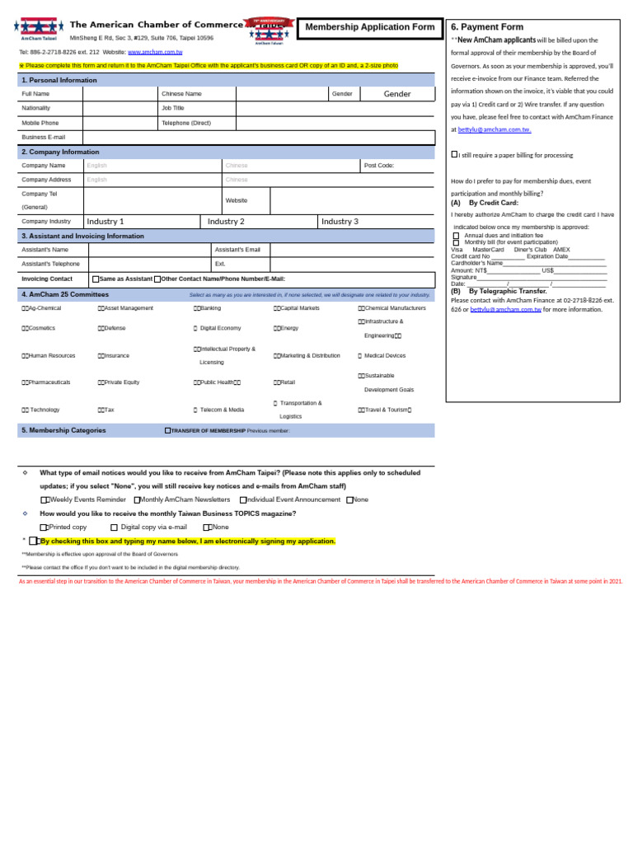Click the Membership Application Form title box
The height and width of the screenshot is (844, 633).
tap(370, 28)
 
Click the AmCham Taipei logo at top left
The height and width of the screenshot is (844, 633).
tap(39, 27)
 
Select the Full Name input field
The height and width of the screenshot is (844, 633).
tap(120, 94)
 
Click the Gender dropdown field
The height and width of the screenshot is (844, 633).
tap(397, 94)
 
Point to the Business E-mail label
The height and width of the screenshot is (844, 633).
tap(44, 137)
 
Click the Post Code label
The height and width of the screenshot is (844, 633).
tap(379, 166)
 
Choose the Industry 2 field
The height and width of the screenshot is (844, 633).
tap(227, 222)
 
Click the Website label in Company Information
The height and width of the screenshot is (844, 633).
tap(236, 200)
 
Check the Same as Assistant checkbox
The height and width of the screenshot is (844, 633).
tap(96, 279)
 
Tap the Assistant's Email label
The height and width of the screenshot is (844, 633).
tap(237, 250)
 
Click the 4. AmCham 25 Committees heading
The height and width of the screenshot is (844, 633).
tap(65, 294)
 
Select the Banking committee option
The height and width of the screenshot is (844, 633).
tap(208, 308)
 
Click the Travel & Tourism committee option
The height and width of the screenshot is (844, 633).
tap(384, 410)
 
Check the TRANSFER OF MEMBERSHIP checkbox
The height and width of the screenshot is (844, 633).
tap(168, 430)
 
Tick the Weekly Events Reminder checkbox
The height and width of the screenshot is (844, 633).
tap(45, 500)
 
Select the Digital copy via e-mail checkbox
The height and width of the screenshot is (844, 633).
tap(115, 527)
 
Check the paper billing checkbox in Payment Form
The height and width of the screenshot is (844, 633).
tap(454, 154)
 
